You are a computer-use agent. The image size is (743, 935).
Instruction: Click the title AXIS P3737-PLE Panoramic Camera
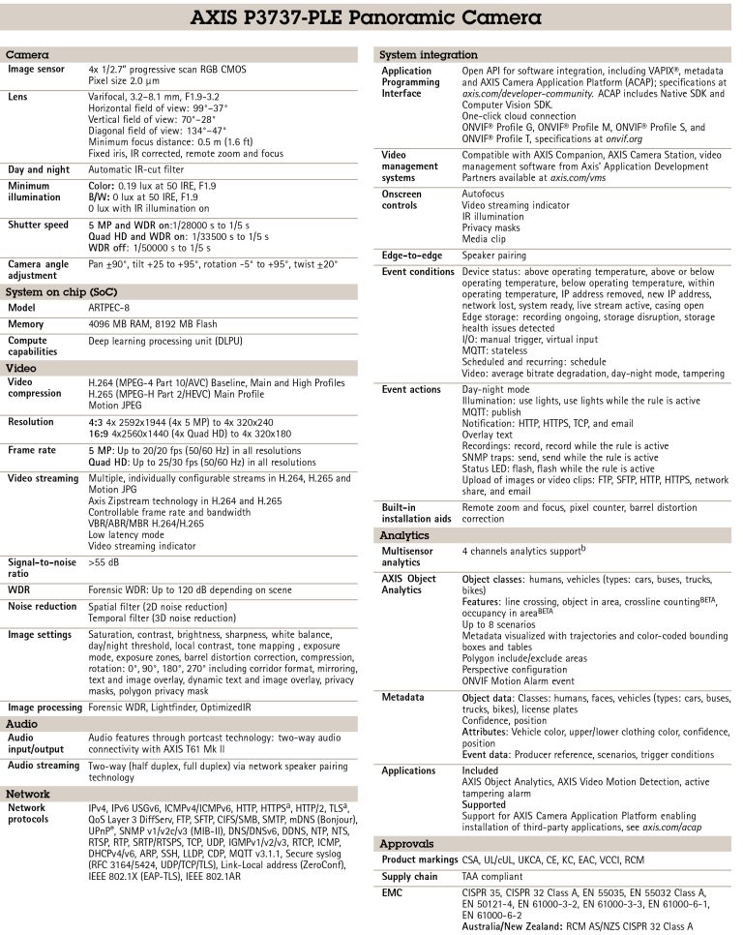[371, 18]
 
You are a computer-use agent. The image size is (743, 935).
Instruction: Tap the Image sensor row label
[36, 69]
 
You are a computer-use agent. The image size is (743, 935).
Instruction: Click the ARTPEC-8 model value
[111, 308]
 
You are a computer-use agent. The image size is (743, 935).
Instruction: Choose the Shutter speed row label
[38, 226]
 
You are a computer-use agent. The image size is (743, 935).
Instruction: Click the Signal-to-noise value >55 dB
[104, 560]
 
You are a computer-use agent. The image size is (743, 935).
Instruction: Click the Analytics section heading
[404, 534]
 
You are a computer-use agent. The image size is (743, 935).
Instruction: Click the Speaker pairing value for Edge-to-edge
[493, 255]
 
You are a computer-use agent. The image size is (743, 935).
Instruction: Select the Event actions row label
[411, 389]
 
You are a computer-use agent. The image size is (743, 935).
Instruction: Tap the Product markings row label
[419, 860]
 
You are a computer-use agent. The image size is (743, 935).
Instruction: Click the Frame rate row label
[35, 450]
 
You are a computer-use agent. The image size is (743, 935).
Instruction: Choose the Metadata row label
[401, 697]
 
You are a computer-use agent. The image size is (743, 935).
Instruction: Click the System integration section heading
[430, 55]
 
